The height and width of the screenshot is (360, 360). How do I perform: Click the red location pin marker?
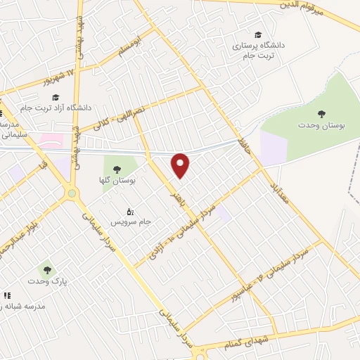181,165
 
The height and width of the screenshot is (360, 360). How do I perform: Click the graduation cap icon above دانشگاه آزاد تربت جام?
56,98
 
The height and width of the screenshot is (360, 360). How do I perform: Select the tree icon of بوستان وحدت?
321,112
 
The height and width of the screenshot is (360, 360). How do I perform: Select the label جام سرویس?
145,221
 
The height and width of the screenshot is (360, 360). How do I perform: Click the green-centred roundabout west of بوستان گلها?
72,193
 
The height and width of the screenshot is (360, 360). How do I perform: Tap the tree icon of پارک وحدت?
46,269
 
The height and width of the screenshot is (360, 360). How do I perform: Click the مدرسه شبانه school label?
25,307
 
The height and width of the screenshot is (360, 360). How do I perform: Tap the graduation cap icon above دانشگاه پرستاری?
259,34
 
